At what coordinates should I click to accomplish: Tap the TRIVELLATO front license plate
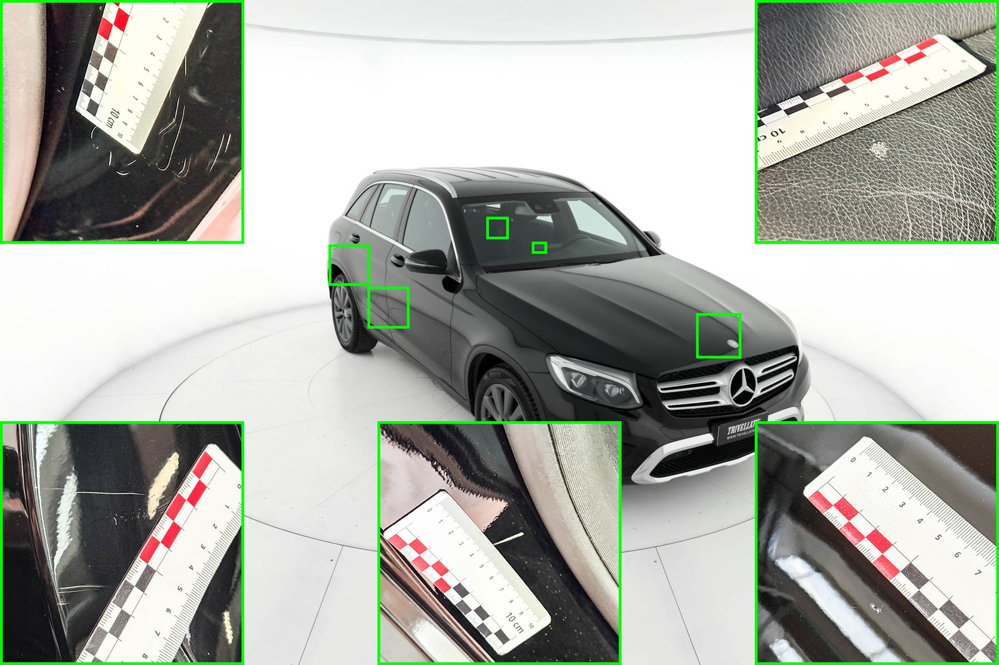tap(737, 430)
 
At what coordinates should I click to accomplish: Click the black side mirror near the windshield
tap(428, 260)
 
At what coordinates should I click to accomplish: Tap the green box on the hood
tap(718, 336)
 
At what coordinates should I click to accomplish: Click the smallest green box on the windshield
tap(539, 248)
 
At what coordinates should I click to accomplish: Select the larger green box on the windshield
tap(498, 228)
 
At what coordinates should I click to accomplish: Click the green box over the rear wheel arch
tap(349, 265)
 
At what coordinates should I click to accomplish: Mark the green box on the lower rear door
tap(388, 308)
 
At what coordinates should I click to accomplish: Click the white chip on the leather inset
tap(879, 149)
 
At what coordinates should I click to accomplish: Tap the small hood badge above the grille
tap(731, 344)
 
